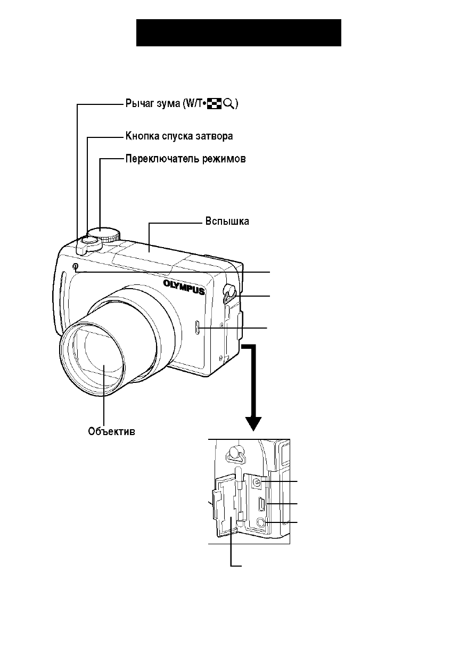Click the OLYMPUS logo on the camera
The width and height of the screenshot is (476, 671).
[x=184, y=287]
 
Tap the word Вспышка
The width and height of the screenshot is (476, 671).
[x=227, y=222]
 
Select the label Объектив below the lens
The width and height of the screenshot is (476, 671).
[x=111, y=432]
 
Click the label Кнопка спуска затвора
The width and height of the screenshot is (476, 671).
[x=179, y=136]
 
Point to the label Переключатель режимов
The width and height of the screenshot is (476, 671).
[x=186, y=159]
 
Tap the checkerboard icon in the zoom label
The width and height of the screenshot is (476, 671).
[x=215, y=104]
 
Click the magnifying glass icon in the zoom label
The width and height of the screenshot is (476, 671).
[x=229, y=104]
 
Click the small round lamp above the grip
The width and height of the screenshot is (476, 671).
[x=76, y=266]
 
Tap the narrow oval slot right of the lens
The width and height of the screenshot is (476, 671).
[x=198, y=327]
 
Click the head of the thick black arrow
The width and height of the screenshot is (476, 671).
[x=253, y=424]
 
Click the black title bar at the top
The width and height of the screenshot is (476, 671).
[x=239, y=32]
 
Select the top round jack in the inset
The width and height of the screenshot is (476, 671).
[x=257, y=482]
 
